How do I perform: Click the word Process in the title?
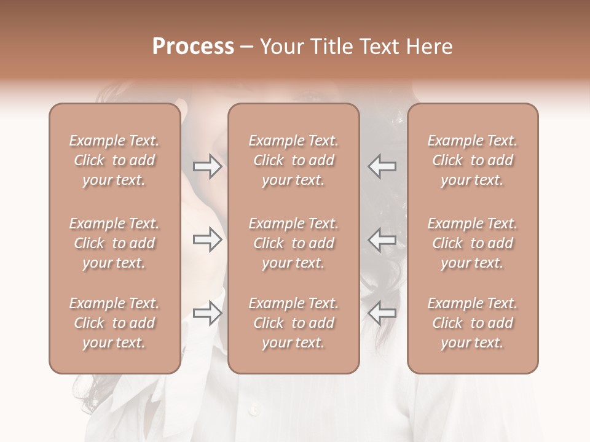(193, 47)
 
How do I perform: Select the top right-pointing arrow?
(208, 166)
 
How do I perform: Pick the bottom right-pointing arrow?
(208, 313)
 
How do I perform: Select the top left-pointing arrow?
(382, 166)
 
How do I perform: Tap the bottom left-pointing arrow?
(382, 313)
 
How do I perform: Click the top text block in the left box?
(114, 160)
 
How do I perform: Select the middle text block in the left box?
(114, 243)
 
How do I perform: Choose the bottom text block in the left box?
(114, 323)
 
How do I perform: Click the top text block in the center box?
(293, 160)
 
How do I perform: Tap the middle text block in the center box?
(293, 243)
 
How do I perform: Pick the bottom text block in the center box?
(293, 323)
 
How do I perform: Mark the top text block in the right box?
(472, 160)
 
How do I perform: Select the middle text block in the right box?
(472, 243)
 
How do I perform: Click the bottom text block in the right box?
(472, 323)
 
